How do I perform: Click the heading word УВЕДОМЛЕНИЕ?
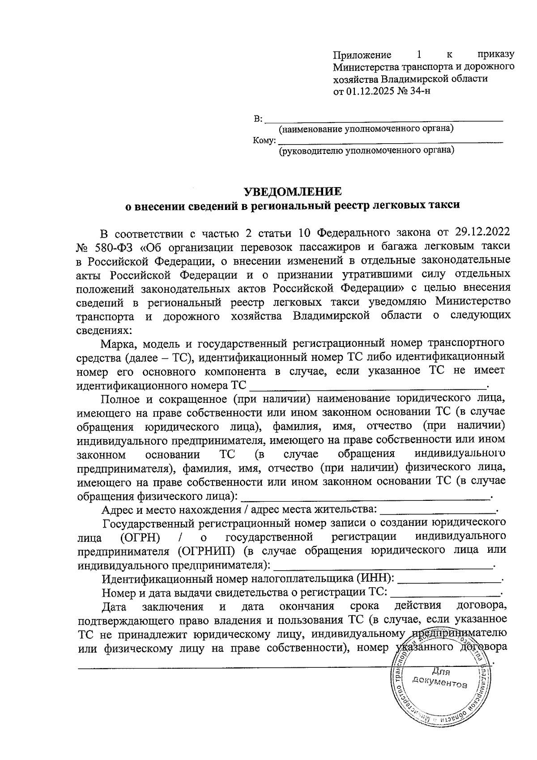click(x=292, y=192)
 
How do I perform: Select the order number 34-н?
click(x=420, y=91)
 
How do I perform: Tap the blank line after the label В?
click(x=384, y=119)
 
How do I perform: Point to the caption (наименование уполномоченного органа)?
click(x=366, y=129)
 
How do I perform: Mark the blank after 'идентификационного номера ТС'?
click(x=367, y=384)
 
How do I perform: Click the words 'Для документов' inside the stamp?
click(x=440, y=678)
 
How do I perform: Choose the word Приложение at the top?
click(x=362, y=55)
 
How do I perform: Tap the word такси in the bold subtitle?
click(x=444, y=205)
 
